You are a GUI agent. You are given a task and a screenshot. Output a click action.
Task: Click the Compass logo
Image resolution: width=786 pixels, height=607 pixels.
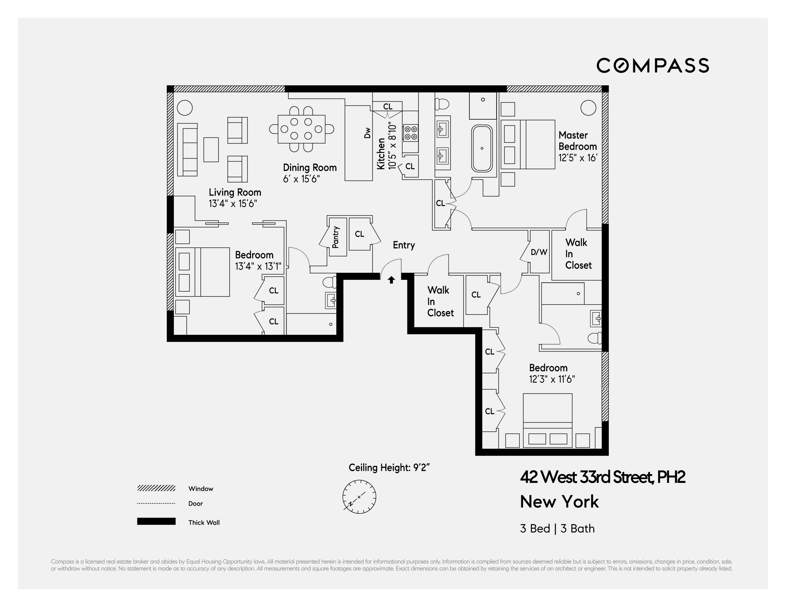click(x=653, y=66)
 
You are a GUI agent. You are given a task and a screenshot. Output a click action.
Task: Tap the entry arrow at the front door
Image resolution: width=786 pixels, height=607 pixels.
click(x=391, y=280)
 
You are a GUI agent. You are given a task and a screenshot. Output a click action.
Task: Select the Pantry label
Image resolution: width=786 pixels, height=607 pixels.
click(x=335, y=237)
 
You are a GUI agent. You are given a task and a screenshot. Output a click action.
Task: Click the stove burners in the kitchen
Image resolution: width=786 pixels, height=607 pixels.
click(x=411, y=133)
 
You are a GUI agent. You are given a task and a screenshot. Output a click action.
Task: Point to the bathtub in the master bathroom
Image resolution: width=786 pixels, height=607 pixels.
click(x=482, y=148)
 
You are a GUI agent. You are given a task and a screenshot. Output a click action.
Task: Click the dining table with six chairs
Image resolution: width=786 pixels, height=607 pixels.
click(x=301, y=129)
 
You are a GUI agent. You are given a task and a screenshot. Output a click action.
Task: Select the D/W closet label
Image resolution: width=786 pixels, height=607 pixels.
click(x=539, y=252)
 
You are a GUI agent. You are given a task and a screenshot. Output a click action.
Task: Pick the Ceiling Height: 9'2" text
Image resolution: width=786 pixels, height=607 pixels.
click(x=389, y=467)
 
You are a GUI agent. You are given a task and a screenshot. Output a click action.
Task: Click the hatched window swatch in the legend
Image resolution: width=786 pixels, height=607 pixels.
click(x=156, y=488)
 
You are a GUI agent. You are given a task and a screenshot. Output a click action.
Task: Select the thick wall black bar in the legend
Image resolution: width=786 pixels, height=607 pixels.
click(x=156, y=521)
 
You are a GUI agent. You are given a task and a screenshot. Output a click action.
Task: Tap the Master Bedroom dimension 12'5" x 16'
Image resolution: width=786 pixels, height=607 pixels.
click(x=578, y=158)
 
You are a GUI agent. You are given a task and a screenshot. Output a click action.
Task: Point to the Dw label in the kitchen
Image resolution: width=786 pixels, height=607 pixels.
click(x=367, y=133)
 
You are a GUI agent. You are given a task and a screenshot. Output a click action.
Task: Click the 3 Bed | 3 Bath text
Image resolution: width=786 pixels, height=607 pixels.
click(x=557, y=528)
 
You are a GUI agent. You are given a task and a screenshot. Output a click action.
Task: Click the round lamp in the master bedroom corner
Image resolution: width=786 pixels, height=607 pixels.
click(x=588, y=108)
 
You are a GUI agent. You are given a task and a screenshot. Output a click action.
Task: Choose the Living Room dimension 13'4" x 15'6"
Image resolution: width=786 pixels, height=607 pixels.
click(x=233, y=204)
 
